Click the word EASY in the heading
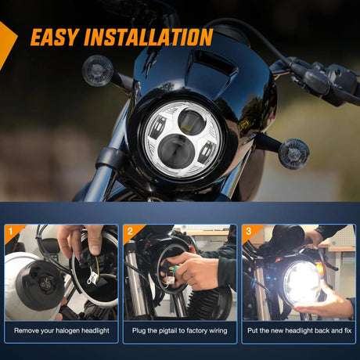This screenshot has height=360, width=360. pyautogui.click(x=59, y=37)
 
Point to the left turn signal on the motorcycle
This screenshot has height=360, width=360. pyautogui.click(x=95, y=65)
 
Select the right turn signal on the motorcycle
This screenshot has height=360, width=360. pyautogui.click(x=293, y=153)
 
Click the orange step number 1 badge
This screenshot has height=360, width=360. pyautogui.click(x=10, y=232)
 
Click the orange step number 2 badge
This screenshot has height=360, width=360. pyautogui.click(x=131, y=232)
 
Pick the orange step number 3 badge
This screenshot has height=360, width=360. pyautogui.click(x=248, y=232)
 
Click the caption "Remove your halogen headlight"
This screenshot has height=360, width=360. pyautogui.click(x=62, y=331)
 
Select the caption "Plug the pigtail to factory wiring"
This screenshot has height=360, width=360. pyautogui.click(x=180, y=331)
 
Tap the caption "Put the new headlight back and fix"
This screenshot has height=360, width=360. pyautogui.click(x=298, y=331)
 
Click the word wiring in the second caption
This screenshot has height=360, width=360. pyautogui.click(x=215, y=331)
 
